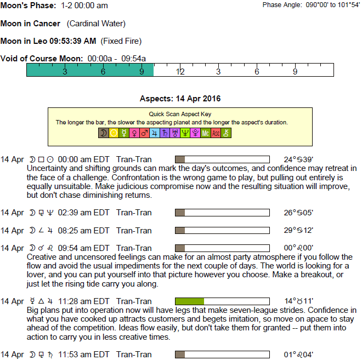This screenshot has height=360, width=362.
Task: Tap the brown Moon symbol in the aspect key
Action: tap(103, 133)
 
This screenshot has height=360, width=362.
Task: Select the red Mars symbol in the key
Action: tap(144, 133)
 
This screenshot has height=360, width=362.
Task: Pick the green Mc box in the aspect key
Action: tap(205, 133)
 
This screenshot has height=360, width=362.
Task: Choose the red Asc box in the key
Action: tap(216, 133)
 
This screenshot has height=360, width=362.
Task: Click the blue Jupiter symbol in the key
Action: tap(154, 133)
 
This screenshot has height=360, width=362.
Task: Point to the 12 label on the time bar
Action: tap(180, 72)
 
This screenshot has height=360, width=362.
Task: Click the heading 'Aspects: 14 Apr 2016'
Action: tap(180, 99)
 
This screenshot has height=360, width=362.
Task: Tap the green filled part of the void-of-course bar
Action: tap(90, 70)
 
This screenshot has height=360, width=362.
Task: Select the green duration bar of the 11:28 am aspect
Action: tap(189, 301)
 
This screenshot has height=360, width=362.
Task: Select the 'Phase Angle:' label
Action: tap(282, 5)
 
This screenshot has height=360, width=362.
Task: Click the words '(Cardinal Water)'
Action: tap(96, 24)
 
